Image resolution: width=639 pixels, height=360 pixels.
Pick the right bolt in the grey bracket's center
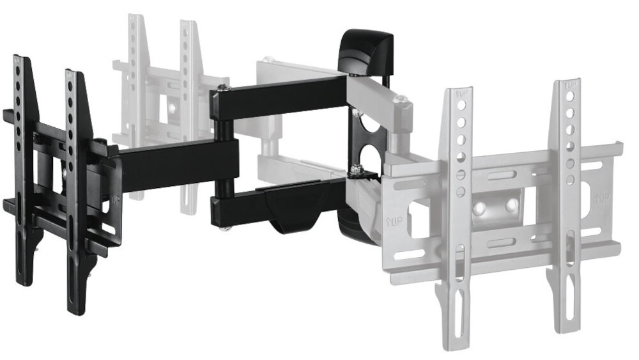pos(512,205)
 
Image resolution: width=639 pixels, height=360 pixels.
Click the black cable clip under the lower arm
pos(294,214)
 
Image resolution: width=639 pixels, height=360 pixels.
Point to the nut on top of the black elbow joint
pos(222,88)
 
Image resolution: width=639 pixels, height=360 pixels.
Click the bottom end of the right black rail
pos(76,310)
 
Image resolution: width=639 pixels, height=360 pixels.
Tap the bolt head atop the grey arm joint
pos(401,99)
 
